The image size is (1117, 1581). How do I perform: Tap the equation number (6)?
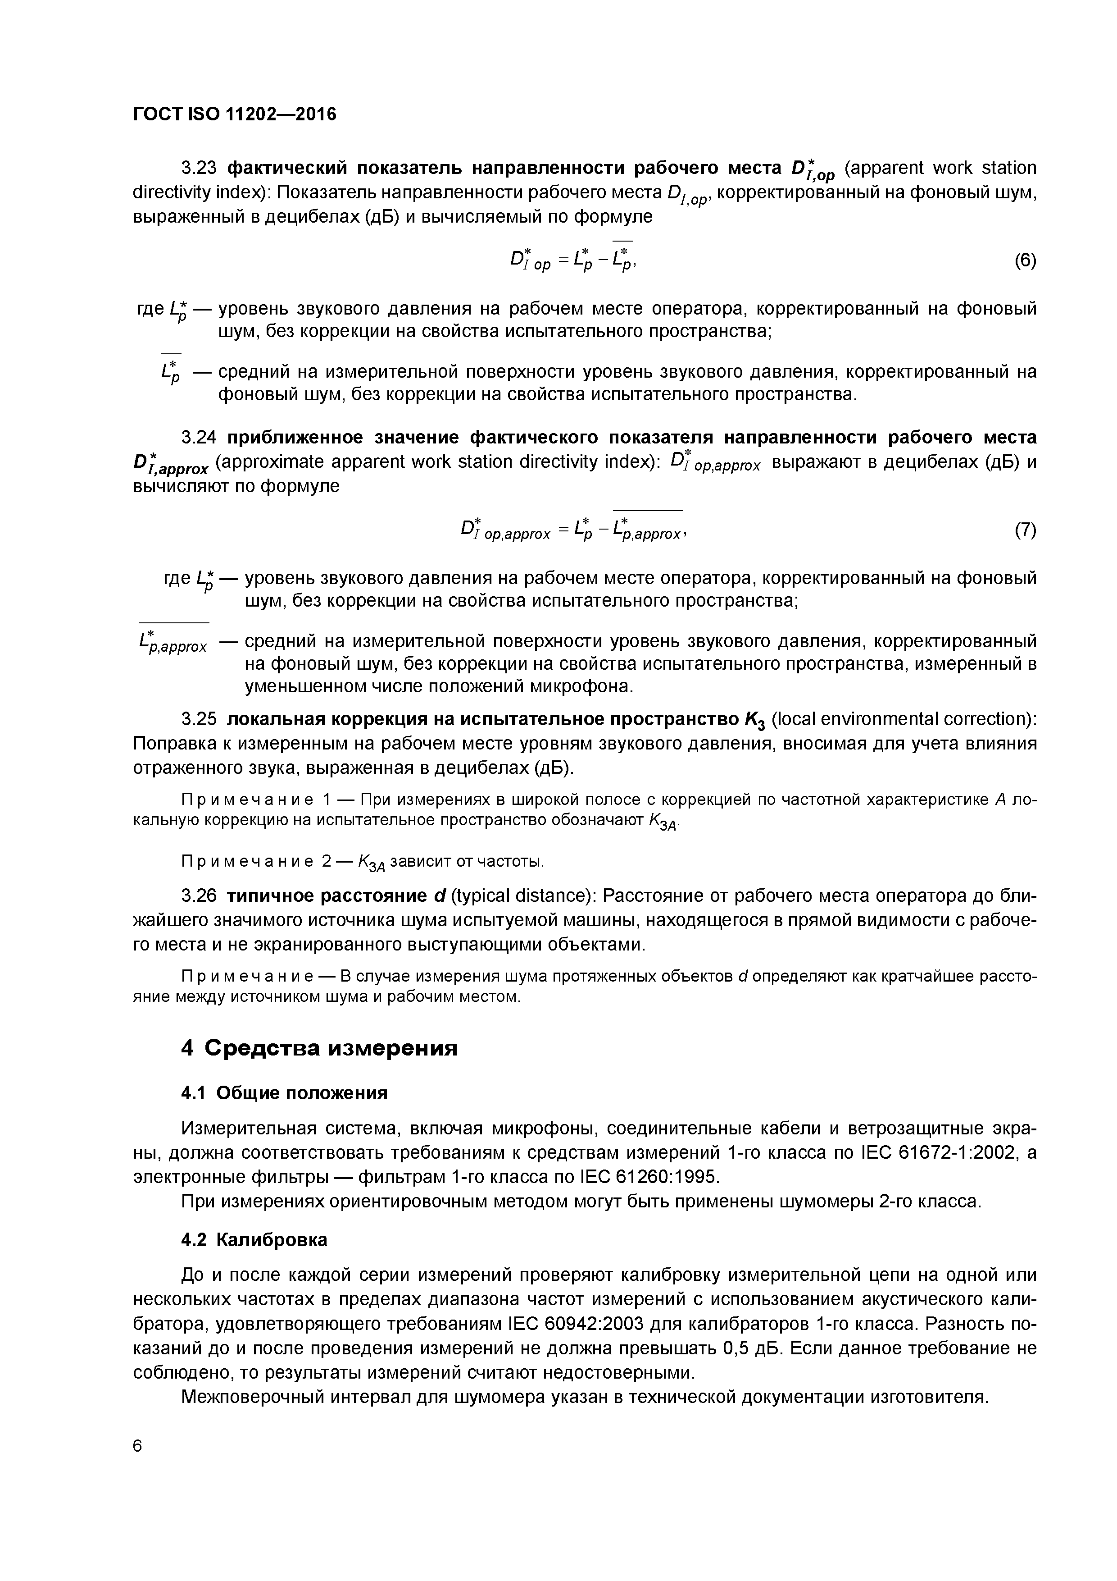pyautogui.click(x=1025, y=261)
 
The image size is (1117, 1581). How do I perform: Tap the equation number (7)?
pyautogui.click(x=1025, y=530)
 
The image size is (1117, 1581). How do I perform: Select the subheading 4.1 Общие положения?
pyautogui.click(x=284, y=1093)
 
